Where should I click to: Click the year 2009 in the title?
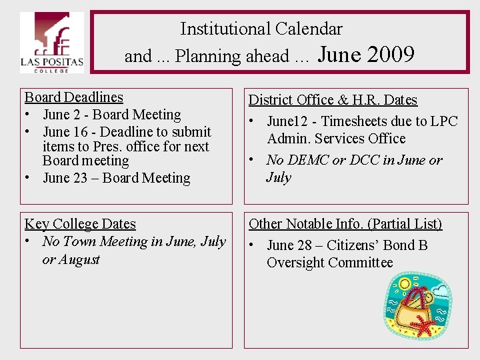(390, 54)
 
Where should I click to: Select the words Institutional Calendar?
(261, 29)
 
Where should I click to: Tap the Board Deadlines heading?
(74, 97)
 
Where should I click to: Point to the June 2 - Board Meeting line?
(111, 115)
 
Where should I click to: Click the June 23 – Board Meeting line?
(116, 178)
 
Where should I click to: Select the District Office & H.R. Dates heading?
(333, 100)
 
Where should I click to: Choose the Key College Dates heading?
(80, 224)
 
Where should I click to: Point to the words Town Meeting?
(104, 241)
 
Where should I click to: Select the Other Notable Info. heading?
(345, 224)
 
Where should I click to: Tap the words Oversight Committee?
(330, 263)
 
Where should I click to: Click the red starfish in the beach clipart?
(421, 327)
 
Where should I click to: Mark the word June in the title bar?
(339, 54)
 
